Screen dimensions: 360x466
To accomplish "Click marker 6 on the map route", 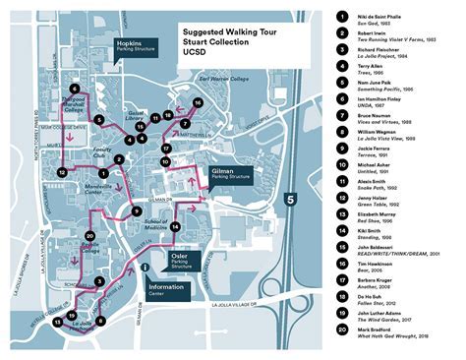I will tap(75, 89).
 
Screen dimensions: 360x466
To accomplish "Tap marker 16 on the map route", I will tap(198, 102).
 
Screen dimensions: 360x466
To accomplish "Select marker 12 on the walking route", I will tap(62, 172).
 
